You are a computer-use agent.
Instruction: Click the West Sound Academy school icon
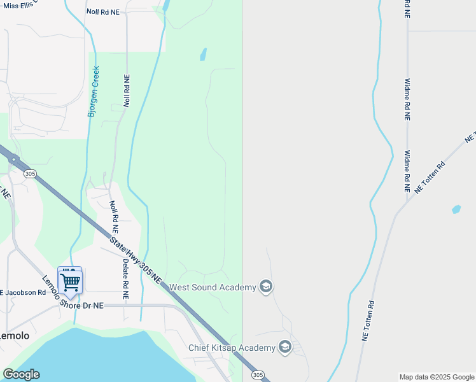coord(266,287)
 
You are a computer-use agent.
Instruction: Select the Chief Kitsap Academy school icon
coord(284,347)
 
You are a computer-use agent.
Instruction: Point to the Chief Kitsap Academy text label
coord(232,348)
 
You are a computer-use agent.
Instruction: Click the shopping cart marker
coord(70,280)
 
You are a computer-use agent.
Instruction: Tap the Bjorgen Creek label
coord(94,92)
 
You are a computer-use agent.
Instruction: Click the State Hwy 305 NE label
coord(136,261)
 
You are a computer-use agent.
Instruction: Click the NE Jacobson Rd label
coord(23,293)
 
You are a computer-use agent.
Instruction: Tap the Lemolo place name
coord(14,335)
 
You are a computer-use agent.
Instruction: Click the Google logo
coord(21,374)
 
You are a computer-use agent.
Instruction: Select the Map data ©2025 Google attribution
coord(437,377)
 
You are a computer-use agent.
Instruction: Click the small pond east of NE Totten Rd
coord(456,209)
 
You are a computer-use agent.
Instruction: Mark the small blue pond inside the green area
coord(203,55)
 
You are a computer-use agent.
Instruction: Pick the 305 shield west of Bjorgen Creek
coord(29,173)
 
